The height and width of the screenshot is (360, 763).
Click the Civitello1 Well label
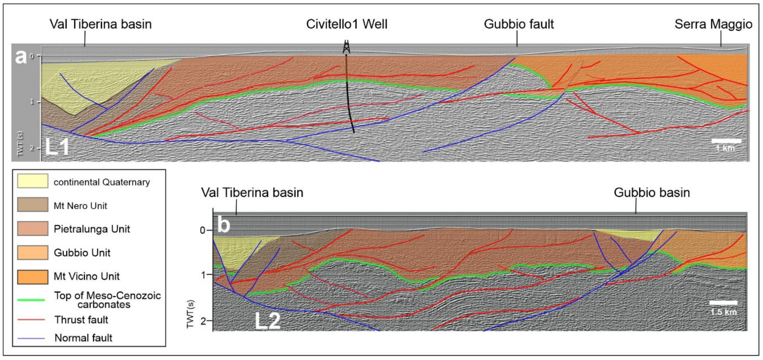click(347, 24)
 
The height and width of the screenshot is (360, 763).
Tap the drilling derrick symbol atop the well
click(346, 47)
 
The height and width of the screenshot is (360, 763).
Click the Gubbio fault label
click(519, 24)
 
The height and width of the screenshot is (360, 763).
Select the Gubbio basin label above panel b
click(652, 193)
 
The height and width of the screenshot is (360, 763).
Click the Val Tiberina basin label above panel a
click(100, 24)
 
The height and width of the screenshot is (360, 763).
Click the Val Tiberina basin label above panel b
click(252, 193)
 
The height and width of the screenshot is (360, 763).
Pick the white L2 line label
click(267, 321)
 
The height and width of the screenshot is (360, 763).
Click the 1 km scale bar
click(726, 141)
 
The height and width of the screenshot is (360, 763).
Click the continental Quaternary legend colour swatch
click(33, 181)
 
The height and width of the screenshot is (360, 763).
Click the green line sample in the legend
click(31, 300)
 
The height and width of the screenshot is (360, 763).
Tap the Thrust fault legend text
click(81, 320)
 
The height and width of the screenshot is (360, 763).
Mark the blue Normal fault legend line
click(31, 338)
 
